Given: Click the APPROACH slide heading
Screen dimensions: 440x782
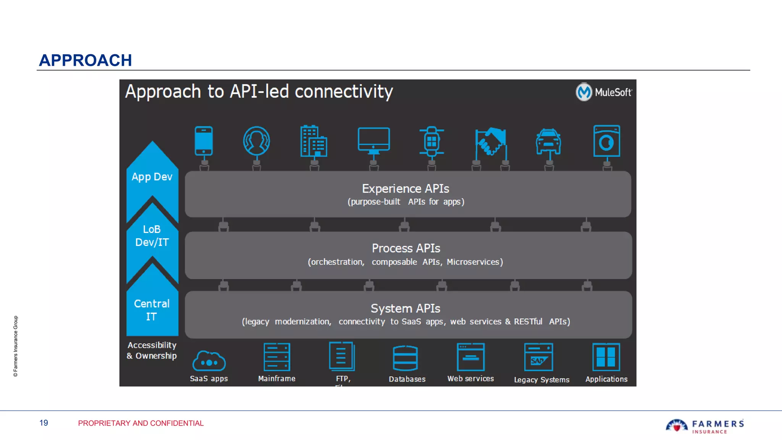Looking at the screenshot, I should point(86,60).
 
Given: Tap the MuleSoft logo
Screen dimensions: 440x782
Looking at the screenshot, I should point(603,92).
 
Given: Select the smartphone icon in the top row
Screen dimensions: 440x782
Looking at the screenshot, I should point(204,141).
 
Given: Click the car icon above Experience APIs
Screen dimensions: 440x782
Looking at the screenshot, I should point(548,142).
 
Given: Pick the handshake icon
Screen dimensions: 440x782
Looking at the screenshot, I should point(491,142).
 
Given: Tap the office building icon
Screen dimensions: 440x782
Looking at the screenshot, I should point(313,141).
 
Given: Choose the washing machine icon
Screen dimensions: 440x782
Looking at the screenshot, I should point(606,141).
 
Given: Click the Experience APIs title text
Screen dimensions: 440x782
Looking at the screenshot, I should point(406,189).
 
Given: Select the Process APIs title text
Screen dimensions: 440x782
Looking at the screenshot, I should point(406,248).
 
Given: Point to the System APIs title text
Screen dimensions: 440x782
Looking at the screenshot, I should point(406,308).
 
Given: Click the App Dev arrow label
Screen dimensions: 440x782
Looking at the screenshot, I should point(152,177).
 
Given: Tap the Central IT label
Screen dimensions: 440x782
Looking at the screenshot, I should point(152,310).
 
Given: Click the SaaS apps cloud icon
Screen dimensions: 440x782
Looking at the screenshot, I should point(209,361).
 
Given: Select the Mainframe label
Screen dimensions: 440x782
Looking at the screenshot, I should point(277,379).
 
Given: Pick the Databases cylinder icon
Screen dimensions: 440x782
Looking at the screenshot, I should point(405,358).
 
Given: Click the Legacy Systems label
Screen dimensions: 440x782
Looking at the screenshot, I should point(541,380).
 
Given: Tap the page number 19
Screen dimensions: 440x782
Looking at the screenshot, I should point(44,423).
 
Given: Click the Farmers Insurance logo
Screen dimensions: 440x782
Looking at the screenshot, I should point(704,426).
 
